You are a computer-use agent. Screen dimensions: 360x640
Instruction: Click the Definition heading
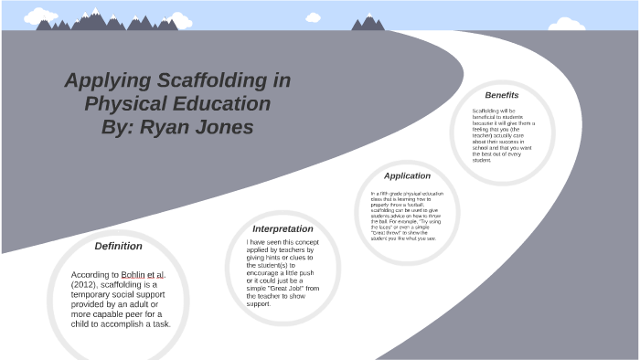(119, 246)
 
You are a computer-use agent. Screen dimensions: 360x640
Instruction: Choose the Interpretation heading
(283, 228)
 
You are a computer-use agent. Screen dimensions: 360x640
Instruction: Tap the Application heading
(407, 175)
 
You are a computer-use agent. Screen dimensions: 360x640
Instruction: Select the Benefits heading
(502, 95)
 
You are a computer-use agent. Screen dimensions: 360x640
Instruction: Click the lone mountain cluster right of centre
(368, 23)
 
